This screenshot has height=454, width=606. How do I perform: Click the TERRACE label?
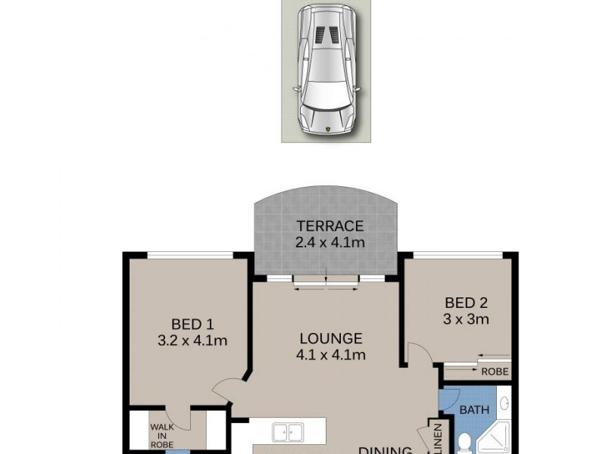coord(330,225)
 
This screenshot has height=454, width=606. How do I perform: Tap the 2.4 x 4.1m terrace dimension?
coord(330,242)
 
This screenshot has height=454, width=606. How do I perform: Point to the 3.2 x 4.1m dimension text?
coord(192,340)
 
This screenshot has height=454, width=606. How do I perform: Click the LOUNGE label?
coord(330,338)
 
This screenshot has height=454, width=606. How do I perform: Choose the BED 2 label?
coord(466,303)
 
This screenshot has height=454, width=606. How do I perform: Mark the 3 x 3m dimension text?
coord(466,319)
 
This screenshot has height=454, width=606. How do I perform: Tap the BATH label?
coord(473,409)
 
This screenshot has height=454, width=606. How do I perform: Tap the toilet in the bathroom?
coord(465,442)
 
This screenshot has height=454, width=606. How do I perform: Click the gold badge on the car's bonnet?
coord(327,130)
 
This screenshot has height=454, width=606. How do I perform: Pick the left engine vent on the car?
coord(320,35)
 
